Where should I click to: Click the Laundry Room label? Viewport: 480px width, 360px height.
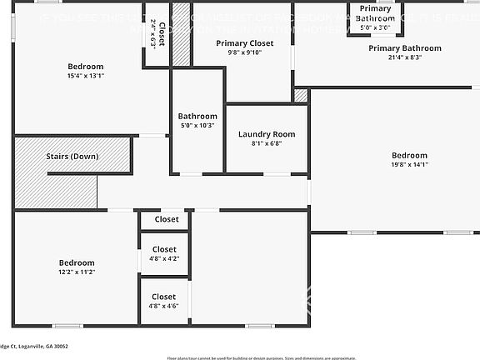pyautogui.click(x=267, y=134)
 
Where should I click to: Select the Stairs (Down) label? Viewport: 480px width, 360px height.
pyautogui.click(x=72, y=156)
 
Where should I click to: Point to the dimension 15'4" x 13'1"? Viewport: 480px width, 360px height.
pyautogui.click(x=86, y=76)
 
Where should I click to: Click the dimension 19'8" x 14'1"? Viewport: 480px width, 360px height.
pyautogui.click(x=409, y=164)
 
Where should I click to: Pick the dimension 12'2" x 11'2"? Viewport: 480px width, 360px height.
pyautogui.click(x=76, y=272)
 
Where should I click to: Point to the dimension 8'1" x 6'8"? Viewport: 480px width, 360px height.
pyautogui.click(x=267, y=143)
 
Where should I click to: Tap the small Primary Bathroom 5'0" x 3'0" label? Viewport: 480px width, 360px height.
pyautogui.click(x=375, y=17)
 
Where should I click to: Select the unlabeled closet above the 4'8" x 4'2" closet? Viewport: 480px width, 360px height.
pyautogui.click(x=166, y=219)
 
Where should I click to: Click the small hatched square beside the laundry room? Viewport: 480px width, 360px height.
pyautogui.click(x=301, y=96)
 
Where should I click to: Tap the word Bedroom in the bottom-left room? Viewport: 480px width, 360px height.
pyautogui.click(x=76, y=262)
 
